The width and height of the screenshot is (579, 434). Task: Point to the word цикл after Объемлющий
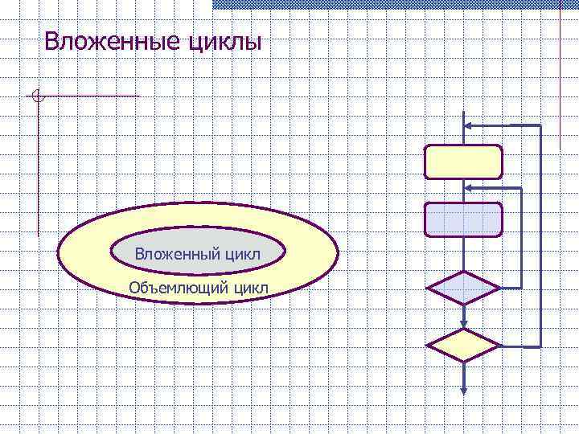[x=251, y=287]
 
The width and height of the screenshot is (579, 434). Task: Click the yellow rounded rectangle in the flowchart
[x=463, y=162]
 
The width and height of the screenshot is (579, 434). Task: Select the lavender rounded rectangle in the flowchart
[x=463, y=219]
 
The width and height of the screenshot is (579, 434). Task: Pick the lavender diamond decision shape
[x=462, y=288]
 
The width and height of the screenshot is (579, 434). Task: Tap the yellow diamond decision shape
[x=462, y=346]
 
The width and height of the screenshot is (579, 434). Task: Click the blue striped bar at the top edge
[x=394, y=4]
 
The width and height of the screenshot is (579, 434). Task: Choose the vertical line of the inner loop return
[x=523, y=237]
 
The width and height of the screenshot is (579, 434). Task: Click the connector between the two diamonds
[x=464, y=316]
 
